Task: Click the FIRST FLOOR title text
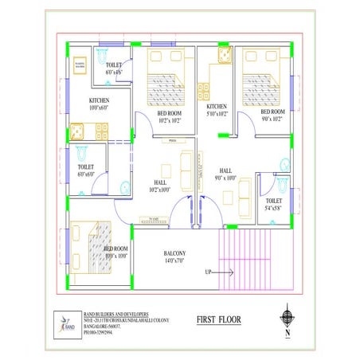pos(220,320)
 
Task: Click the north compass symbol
pos(287,316)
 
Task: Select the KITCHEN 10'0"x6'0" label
pos(103,104)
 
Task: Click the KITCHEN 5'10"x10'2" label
pos(217,110)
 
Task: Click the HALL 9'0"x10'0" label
pos(225,174)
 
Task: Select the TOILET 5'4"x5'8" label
pos(273,205)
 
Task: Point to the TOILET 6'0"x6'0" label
pos(86,170)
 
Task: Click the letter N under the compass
pos(287,335)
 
